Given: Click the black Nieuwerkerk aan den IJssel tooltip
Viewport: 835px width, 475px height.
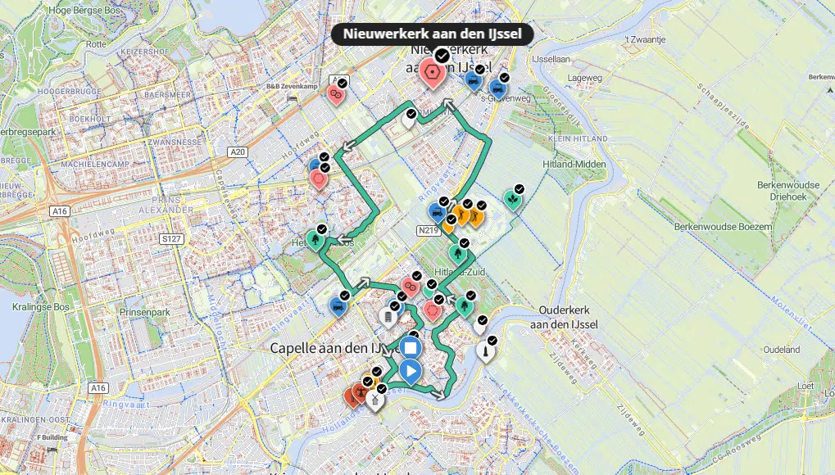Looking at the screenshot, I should point(433,34).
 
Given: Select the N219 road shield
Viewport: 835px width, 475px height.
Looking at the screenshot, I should point(427,230).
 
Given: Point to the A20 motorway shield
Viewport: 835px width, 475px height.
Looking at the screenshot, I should point(238,152).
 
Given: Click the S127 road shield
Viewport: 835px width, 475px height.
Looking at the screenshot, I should point(171,239).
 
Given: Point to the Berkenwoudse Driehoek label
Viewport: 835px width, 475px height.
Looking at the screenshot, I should point(788,191).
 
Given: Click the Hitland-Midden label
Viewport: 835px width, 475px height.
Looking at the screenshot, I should point(574,165).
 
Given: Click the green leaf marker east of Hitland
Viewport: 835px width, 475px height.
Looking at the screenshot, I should point(512,199).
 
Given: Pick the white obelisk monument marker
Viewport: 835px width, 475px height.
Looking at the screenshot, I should point(485,352).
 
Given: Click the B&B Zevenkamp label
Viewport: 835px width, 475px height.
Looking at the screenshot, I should point(291,86).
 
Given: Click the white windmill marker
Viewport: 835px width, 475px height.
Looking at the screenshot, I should point(375,400).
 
